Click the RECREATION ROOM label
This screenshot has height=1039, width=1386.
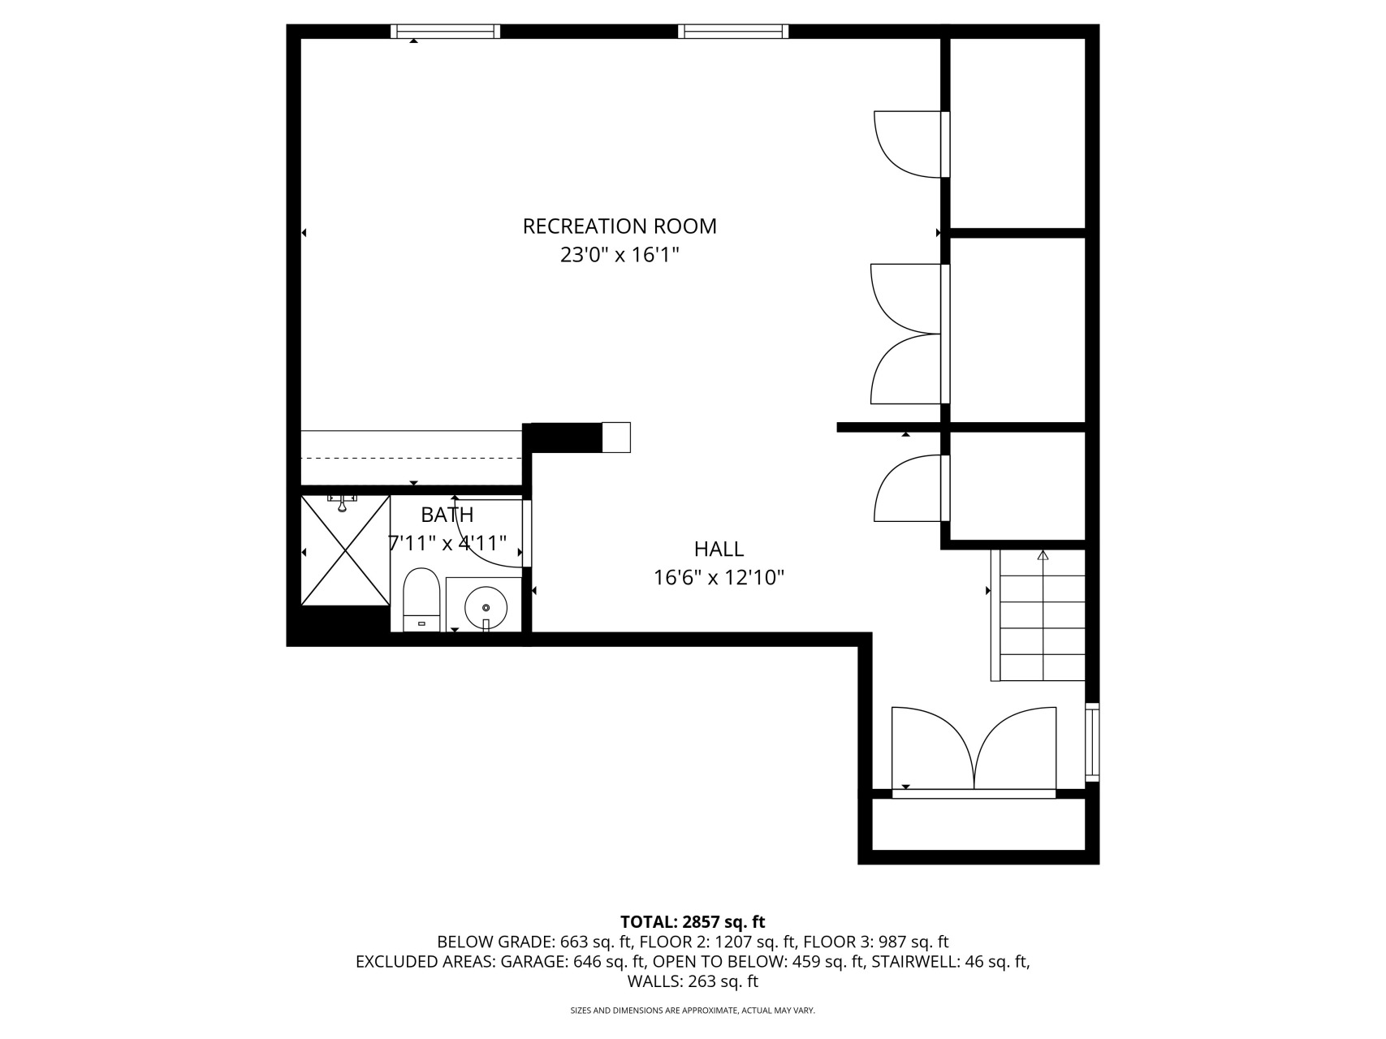(620, 226)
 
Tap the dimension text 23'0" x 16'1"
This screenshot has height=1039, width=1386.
(620, 255)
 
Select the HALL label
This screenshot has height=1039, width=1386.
(719, 550)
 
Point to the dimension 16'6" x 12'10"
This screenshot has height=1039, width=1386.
(719, 578)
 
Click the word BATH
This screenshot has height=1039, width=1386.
(447, 515)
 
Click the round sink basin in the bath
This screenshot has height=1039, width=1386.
(486, 606)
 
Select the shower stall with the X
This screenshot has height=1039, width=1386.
(345, 551)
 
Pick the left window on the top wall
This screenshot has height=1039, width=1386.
(445, 32)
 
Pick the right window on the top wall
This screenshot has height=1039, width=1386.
(733, 32)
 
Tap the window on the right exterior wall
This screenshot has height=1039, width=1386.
(1092, 742)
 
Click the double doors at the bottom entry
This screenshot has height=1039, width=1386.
(974, 751)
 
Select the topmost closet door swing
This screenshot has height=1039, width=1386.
(908, 143)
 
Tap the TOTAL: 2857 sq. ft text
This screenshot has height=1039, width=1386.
(693, 922)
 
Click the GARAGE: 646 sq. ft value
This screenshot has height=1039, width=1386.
(573, 962)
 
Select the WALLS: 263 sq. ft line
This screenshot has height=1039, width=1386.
(693, 981)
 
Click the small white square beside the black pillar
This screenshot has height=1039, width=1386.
(616, 437)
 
